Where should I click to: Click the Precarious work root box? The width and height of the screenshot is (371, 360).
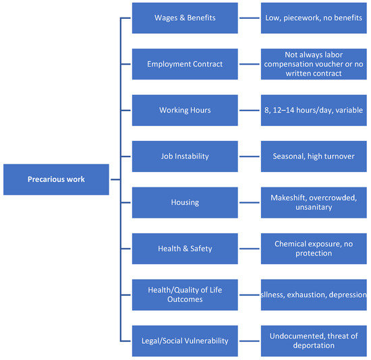pyautogui.click(x=56, y=179)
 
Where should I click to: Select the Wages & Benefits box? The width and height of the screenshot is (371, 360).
pyautogui.click(x=185, y=18)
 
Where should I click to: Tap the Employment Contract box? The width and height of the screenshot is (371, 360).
pyautogui.click(x=185, y=64)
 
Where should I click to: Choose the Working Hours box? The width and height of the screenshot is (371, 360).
pyautogui.click(x=185, y=110)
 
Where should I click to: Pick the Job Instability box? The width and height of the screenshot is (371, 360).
pyautogui.click(x=185, y=156)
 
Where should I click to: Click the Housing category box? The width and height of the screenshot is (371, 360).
pyautogui.click(x=185, y=202)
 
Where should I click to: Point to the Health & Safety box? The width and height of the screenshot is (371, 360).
pyautogui.click(x=185, y=249)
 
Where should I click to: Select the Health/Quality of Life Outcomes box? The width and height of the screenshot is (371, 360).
pyautogui.click(x=185, y=295)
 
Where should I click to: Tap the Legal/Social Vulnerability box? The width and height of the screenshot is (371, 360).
pyautogui.click(x=185, y=341)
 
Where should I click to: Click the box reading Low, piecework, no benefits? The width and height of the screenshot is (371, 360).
pyautogui.click(x=314, y=18)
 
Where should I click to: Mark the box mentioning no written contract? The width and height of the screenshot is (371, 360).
pyautogui.click(x=314, y=64)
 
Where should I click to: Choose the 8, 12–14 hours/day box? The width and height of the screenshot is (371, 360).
pyautogui.click(x=314, y=110)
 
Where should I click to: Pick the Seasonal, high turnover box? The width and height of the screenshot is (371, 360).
pyautogui.click(x=314, y=156)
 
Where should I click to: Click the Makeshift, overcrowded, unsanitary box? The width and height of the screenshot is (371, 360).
pyautogui.click(x=314, y=202)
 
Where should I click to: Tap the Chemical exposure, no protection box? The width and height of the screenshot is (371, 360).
pyautogui.click(x=314, y=249)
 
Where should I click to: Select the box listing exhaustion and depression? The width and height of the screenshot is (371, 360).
pyautogui.click(x=314, y=295)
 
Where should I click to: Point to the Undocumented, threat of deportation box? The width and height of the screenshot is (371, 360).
pyautogui.click(x=314, y=341)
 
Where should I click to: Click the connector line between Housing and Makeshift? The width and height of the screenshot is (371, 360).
pyautogui.click(x=250, y=202)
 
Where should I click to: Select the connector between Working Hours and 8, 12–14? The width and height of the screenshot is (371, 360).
pyautogui.click(x=250, y=110)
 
